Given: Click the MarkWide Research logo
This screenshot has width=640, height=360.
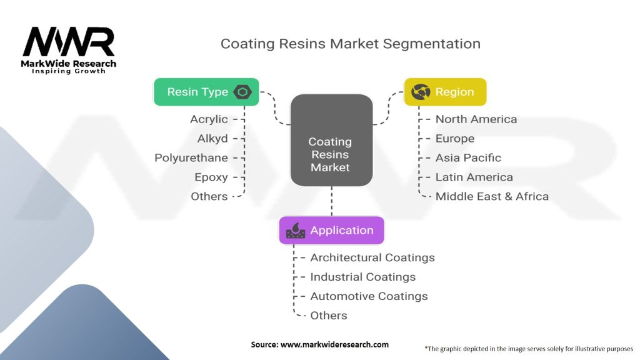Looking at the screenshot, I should [69, 49].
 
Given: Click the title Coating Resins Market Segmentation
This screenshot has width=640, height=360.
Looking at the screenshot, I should [350, 44].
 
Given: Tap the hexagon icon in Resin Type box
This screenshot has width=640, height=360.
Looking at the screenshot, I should [242, 92].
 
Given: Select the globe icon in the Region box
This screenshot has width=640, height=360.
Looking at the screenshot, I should [419, 92].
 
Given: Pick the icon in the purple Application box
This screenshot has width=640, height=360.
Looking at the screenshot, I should [295, 231].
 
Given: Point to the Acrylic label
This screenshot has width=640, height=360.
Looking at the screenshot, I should [209, 119].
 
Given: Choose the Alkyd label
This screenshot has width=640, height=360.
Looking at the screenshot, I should [212, 138].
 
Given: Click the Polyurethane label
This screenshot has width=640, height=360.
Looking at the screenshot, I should [191, 157].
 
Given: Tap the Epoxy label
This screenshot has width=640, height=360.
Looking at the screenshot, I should [211, 177].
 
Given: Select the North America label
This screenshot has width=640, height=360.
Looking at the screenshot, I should [476, 119].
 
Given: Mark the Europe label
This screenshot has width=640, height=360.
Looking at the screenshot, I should [455, 138].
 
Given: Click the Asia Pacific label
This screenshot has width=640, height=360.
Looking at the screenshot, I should [468, 157].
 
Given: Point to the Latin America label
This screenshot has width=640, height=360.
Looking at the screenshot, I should [474, 177].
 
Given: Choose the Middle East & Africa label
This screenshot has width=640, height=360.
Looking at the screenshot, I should [492, 196].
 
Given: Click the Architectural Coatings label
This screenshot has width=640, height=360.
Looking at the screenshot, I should [372, 257].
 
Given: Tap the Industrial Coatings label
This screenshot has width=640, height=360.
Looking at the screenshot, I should [362, 277].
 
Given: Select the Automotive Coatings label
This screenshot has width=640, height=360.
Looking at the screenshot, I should [369, 296].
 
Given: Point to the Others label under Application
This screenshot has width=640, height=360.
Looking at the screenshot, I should [329, 316].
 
